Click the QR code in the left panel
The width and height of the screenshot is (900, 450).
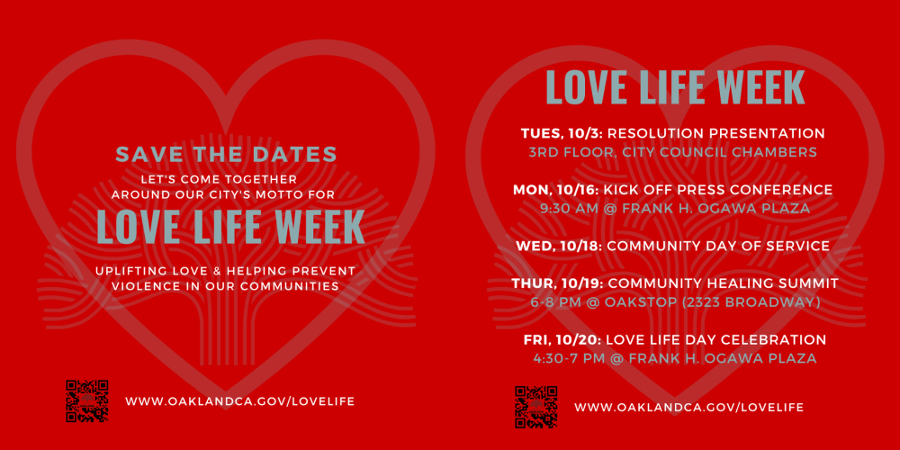pos(87,401)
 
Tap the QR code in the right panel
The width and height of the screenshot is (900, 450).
pos(536,407)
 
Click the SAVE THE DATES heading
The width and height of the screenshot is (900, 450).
pos(226,154)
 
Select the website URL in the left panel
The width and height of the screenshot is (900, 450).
pos(240,401)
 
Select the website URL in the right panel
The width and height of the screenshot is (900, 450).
pos(688,407)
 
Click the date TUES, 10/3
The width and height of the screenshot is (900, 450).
pos(562,134)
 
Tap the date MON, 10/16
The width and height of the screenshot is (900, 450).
pos(556,190)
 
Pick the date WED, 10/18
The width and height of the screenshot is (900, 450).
pos(559,247)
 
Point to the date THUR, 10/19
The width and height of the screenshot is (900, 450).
pos(555,283)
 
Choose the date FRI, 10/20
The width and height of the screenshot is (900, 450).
pos(562,339)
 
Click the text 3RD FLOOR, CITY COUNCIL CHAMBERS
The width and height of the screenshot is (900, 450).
pos(672,153)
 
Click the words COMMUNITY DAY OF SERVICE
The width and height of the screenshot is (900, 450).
pos(718,247)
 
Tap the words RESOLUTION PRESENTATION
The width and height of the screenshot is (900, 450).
pos(716,134)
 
